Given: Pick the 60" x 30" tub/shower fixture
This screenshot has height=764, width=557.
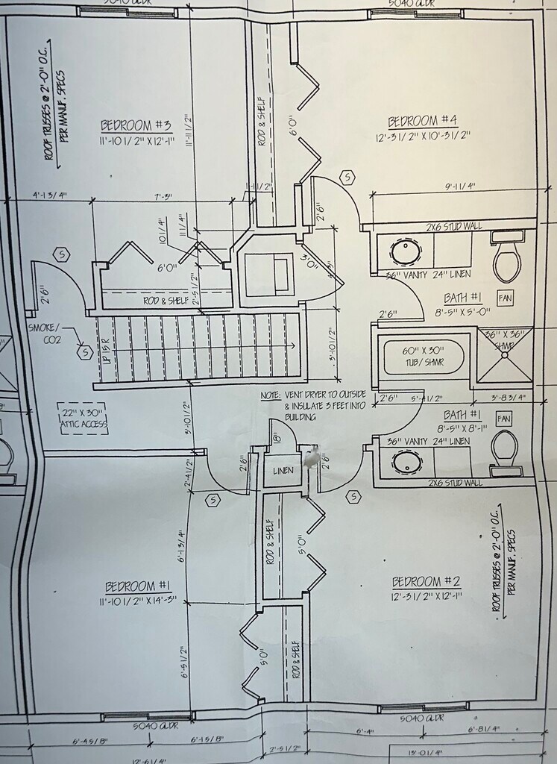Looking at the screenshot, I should (x=422, y=357).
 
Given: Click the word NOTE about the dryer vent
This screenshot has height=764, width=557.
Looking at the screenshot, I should (x=271, y=395).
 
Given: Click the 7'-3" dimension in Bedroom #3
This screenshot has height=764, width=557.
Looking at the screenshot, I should (x=163, y=197).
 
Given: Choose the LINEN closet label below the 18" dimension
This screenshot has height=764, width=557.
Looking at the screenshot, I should (x=283, y=471).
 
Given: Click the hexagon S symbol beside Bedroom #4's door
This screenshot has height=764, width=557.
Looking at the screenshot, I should (x=347, y=178).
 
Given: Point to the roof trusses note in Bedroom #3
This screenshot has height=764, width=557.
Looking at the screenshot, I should (x=54, y=119).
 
